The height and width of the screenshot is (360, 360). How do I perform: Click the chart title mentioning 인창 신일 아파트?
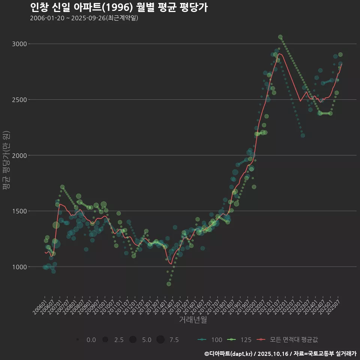click(118, 7)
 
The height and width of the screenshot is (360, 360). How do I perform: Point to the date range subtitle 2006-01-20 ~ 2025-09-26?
click(84, 18)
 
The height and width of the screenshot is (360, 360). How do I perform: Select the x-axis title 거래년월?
click(193, 319)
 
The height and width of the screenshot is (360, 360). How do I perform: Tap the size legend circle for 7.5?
click(160, 340)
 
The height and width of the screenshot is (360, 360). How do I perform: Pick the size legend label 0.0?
click(91, 340)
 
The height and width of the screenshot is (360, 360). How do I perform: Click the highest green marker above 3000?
click(280, 37)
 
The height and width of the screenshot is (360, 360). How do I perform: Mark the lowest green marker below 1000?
click(169, 284)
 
